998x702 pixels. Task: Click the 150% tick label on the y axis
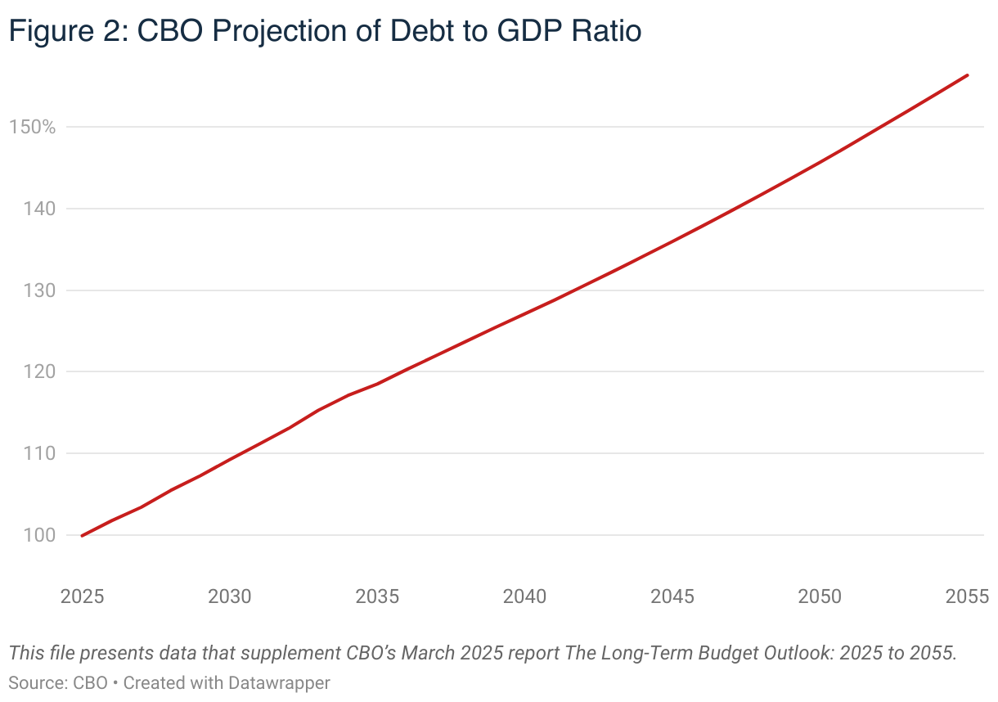pyautogui.click(x=32, y=128)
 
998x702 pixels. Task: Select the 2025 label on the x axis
pyautogui.click(x=83, y=596)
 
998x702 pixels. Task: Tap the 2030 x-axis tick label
pyautogui.click(x=230, y=596)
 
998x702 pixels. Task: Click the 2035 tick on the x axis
pyautogui.click(x=377, y=596)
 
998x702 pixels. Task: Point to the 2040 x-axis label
pyautogui.click(x=525, y=596)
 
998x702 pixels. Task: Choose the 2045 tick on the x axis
pyautogui.click(x=672, y=596)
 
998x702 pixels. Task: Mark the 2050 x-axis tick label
pyautogui.click(x=820, y=596)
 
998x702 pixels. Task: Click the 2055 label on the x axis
pyautogui.click(x=967, y=596)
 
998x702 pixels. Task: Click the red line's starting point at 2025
pyautogui.click(x=83, y=536)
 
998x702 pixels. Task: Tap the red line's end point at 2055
pyautogui.click(x=968, y=75)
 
